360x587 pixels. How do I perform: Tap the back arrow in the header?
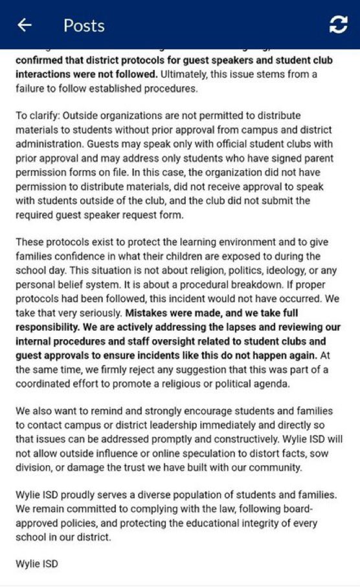[25, 25]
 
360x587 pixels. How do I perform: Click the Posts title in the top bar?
[84, 25]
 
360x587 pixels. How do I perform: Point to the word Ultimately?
[188, 74]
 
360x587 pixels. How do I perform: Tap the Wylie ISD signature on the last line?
[37, 564]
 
